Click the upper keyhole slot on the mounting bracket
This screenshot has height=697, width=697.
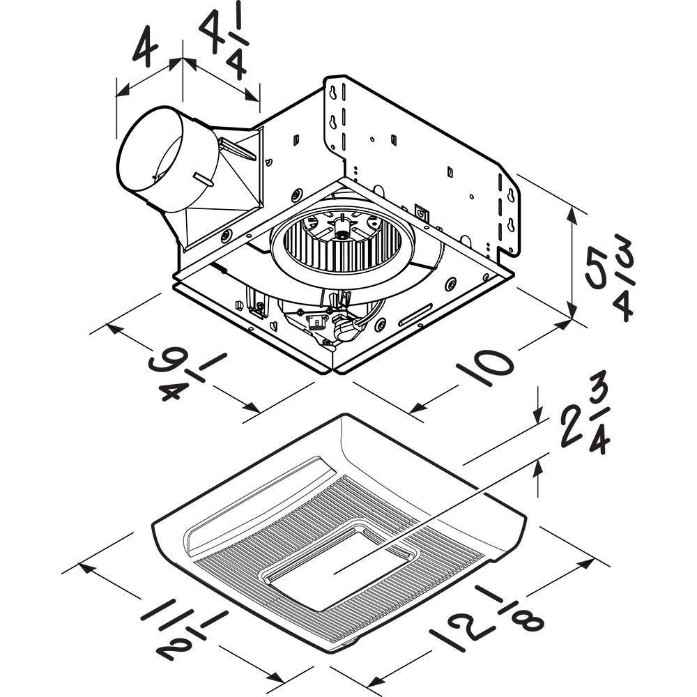[337, 91]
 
